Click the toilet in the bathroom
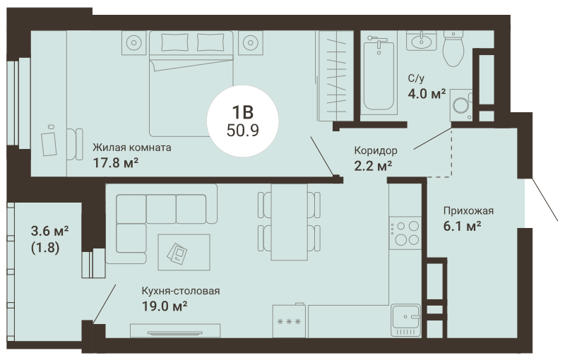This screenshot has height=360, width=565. pos(453,49)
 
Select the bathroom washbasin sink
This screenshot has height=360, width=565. pos(421,41)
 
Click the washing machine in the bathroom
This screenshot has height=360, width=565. pos(461,105)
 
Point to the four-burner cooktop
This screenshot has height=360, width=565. pos(405,232)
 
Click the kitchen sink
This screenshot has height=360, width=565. pos(406,320)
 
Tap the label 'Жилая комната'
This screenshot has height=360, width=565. pos(132,148)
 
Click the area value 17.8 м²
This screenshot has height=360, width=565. pos(116,163)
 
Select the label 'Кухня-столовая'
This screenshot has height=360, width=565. pos(181,291)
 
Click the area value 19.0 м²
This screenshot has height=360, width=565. pos(165,306)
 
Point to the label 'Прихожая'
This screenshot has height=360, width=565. pos(468,211)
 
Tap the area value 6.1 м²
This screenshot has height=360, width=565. pos(463,227)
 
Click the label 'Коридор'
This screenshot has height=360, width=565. pos(376,150)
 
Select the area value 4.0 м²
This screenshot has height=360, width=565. pos(427,94)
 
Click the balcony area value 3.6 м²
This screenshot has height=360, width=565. pos(50,231)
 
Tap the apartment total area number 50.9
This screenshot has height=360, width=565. pos(243,131)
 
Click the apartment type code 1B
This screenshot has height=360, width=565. pos(243,113)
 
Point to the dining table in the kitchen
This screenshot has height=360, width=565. pos(290,222)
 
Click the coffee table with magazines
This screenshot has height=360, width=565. pos(184,253)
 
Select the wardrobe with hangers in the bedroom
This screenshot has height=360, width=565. pos(336,76)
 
